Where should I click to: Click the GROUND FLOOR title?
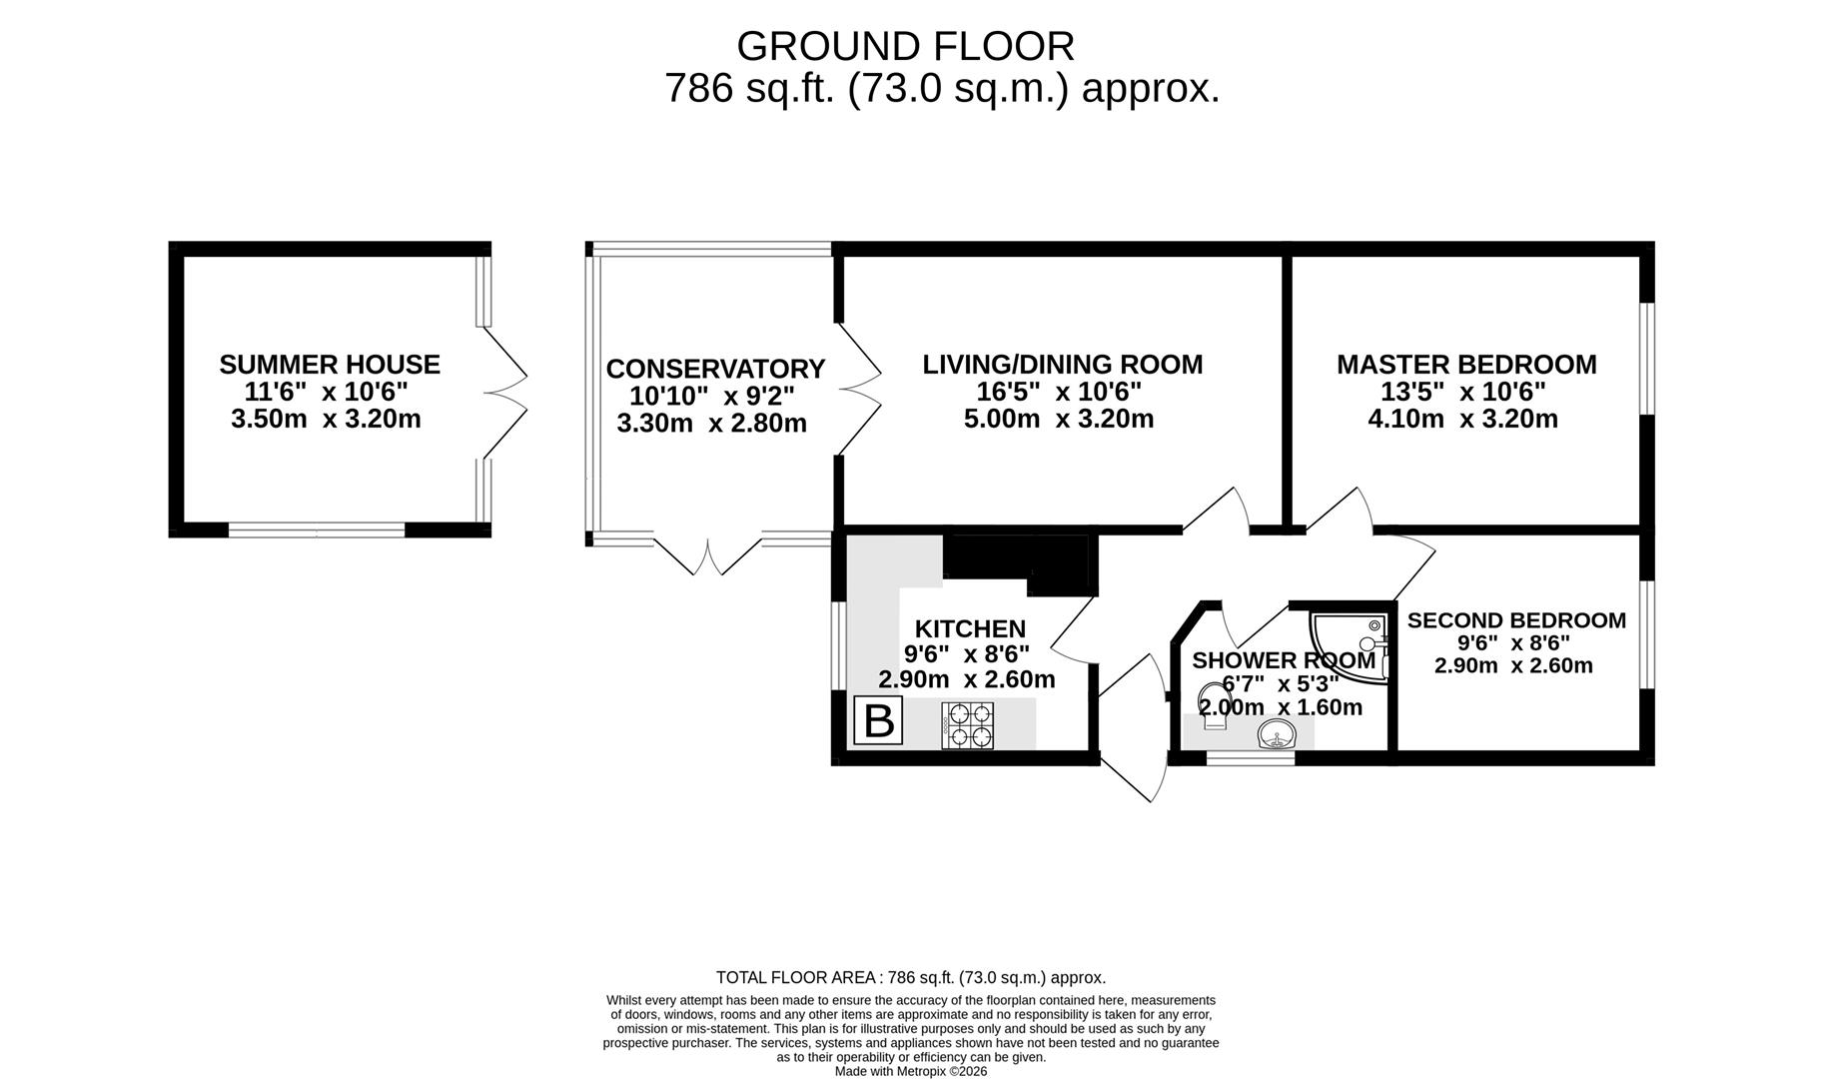pos(905,47)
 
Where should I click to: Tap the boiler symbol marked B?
pos(878,721)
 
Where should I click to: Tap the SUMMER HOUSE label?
pos(330,365)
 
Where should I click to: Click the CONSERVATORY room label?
pos(715,370)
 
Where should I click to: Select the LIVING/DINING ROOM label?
pos(1062,365)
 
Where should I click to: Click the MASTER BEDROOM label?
pos(1466,365)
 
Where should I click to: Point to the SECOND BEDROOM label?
pos(1516,620)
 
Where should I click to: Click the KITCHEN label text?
pos(970,628)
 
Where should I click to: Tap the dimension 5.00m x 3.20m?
pos(1059,419)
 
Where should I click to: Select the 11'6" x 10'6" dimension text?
pos(327,392)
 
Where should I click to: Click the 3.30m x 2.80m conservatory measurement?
pos(711,424)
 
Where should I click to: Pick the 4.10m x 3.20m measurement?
pos(1462,419)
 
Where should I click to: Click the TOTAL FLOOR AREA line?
pos(910,977)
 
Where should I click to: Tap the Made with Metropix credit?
pos(910,1071)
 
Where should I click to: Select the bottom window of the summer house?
pos(318,530)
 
